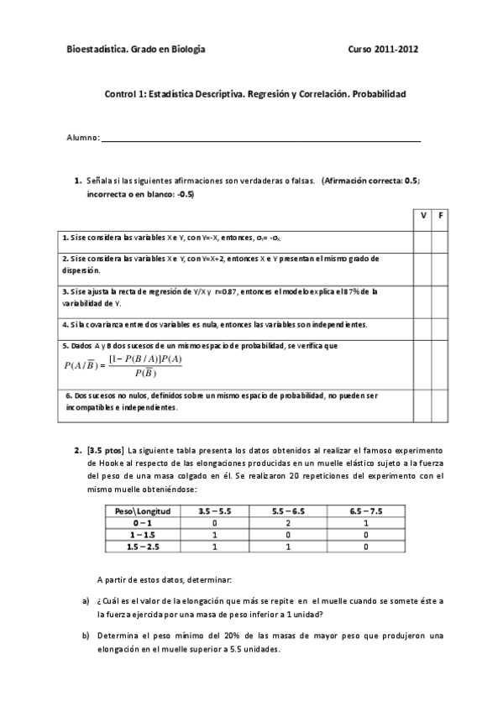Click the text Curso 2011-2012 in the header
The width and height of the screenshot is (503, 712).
coord(383,50)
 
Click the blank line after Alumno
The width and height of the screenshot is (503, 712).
coord(260,139)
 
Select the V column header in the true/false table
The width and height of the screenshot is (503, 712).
coord(423,217)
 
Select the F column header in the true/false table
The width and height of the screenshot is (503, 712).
coord(442,217)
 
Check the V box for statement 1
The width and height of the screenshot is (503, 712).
coord(423,238)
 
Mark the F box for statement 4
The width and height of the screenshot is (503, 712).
coord(442,324)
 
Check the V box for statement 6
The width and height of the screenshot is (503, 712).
coord(423,403)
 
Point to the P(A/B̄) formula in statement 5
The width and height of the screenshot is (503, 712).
coord(123,366)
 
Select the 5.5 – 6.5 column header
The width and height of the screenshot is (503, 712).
coord(287,510)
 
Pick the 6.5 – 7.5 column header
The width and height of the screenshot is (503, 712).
coord(366,510)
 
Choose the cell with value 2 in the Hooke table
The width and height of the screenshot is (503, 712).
coord(287,522)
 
